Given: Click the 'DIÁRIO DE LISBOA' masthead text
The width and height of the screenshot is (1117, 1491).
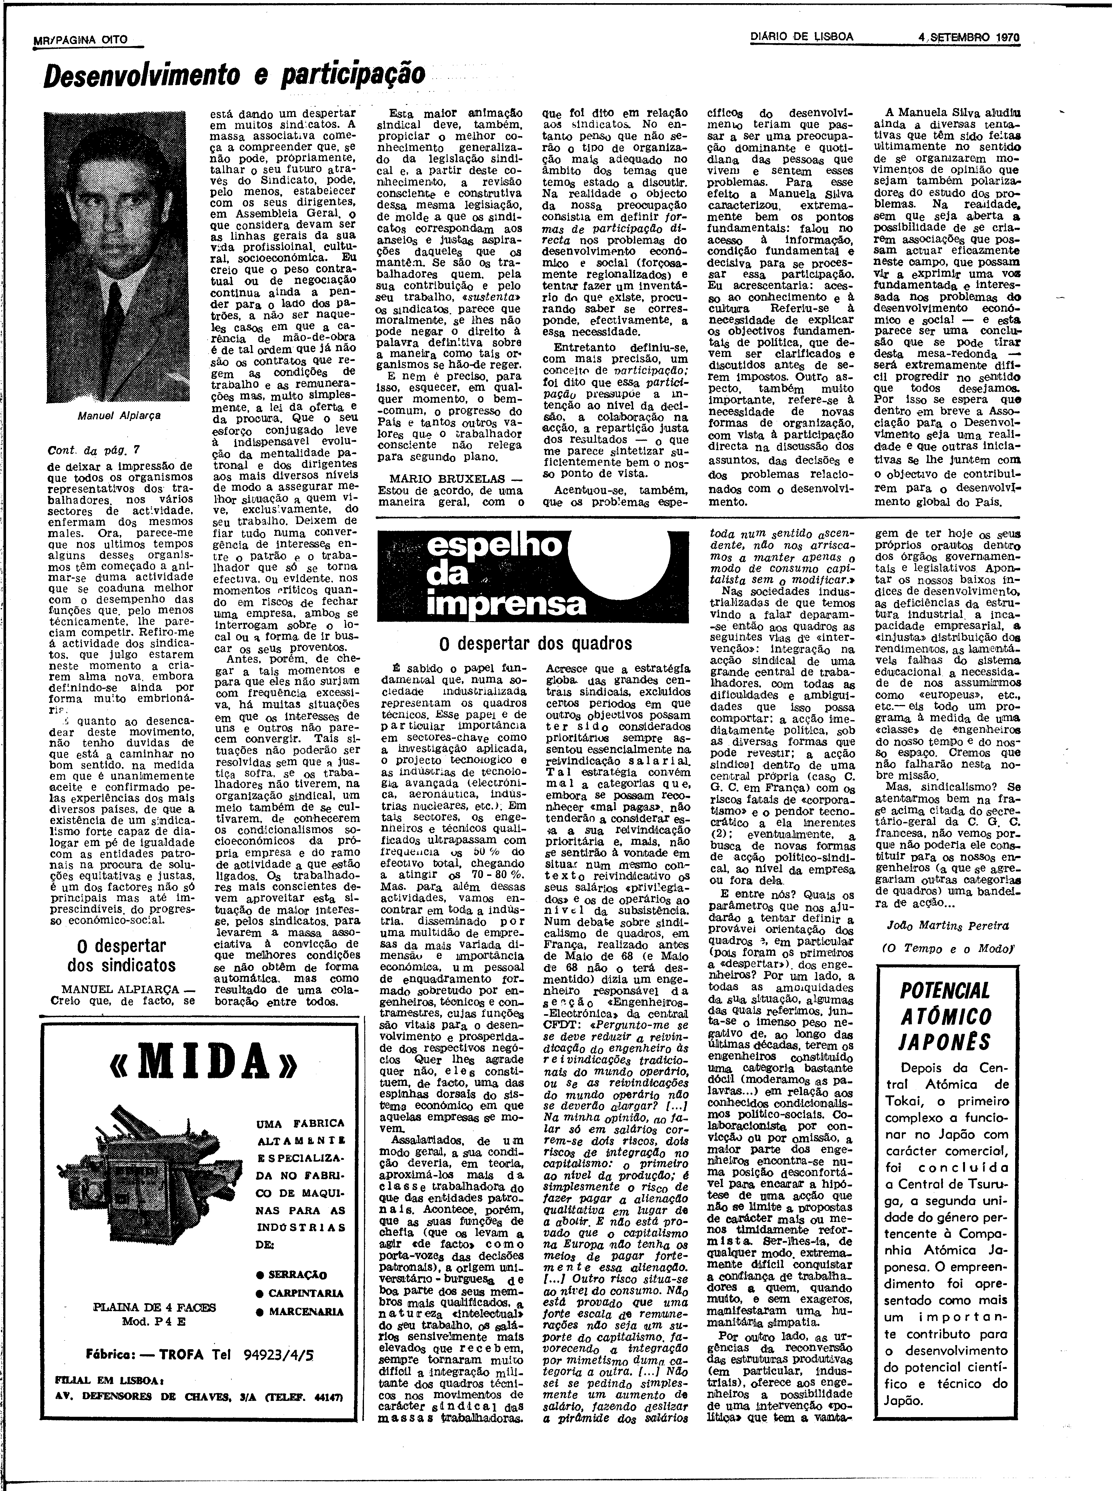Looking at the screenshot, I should tap(802, 36).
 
